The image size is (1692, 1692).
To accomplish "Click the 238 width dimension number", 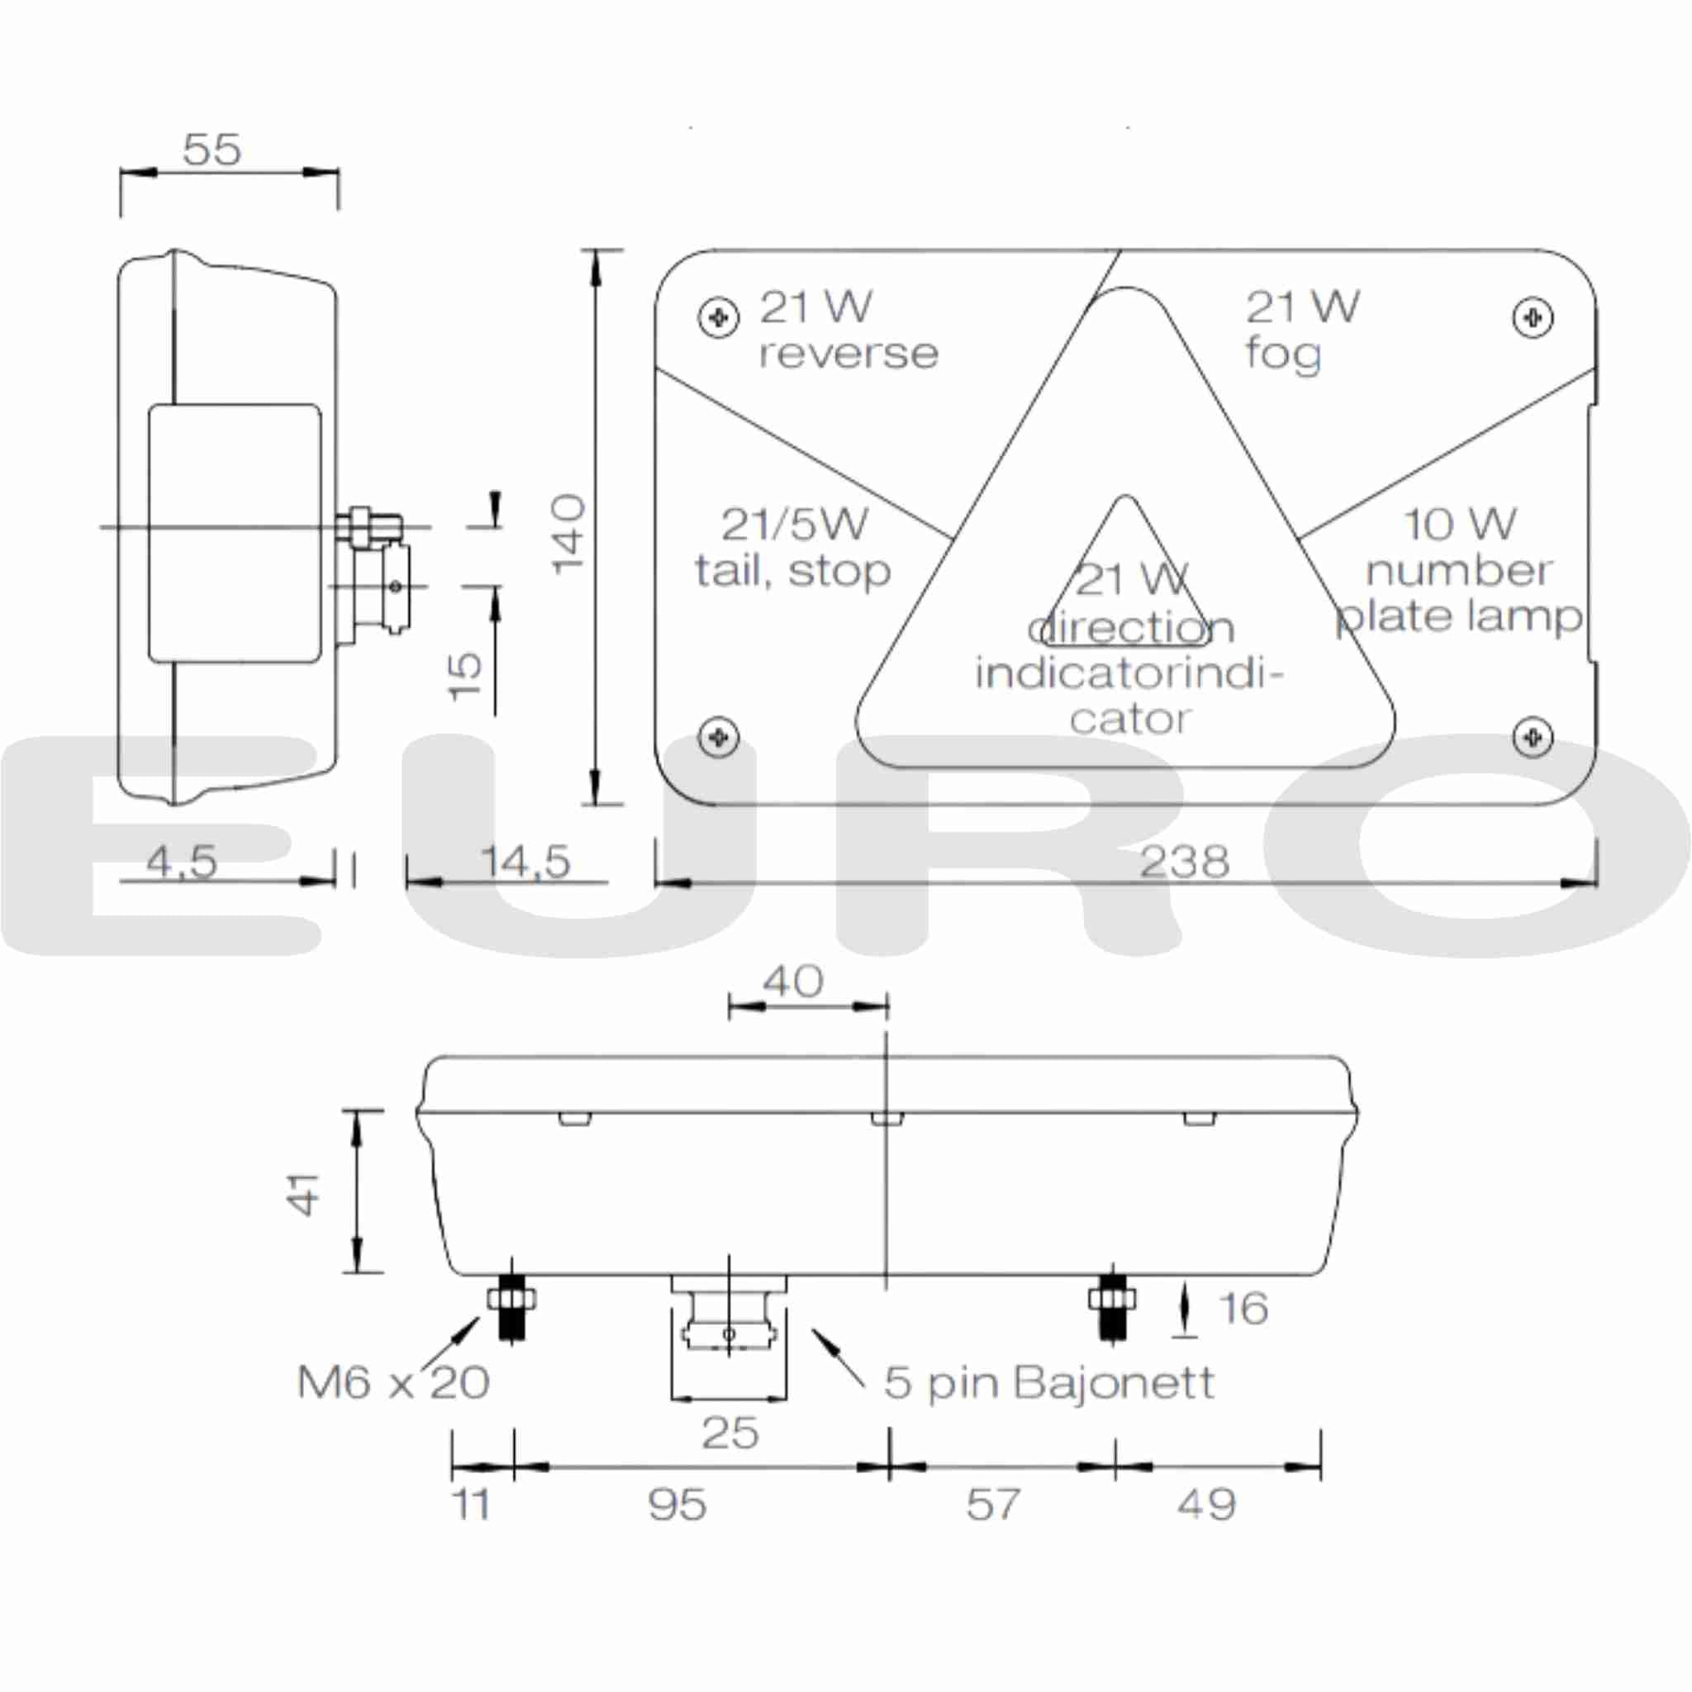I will point(1184,863).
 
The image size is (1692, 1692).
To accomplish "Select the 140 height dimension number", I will point(569,534).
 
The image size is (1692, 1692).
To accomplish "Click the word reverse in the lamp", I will point(848,354).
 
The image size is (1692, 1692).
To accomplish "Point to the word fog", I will point(1283,354).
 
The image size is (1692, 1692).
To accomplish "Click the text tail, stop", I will point(792,572).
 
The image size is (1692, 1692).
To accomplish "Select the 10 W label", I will point(1459,525).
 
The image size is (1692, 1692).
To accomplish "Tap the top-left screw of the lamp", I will point(718,317).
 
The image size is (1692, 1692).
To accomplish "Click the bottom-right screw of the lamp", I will point(1533,736).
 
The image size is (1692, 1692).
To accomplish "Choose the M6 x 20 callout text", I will point(393,1383).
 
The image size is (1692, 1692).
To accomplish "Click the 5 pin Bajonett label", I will point(1048,1383).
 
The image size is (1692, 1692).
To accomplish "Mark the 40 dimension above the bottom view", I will point(792,981).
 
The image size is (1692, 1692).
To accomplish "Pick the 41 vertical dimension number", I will point(305,1194).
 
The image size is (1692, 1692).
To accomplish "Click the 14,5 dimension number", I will point(525,863).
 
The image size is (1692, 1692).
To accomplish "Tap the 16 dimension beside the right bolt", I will point(1243,1309).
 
